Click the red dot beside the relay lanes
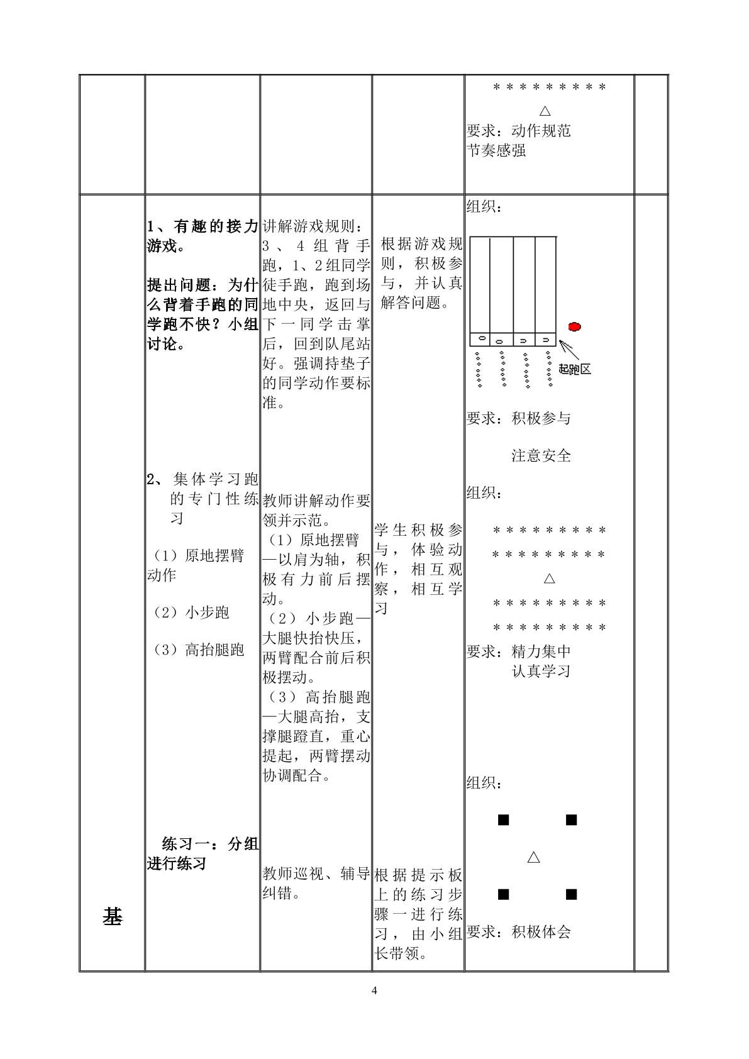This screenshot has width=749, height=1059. click(574, 326)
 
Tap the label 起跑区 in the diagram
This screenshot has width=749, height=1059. click(575, 369)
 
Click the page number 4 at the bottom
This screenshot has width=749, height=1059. click(375, 990)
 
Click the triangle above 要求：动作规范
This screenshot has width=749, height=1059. click(545, 111)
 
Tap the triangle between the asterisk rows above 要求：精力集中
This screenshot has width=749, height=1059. click(549, 579)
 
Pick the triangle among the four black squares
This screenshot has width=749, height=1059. click(533, 857)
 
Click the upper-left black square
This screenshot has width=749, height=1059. click(504, 820)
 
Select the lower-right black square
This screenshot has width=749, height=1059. click(571, 894)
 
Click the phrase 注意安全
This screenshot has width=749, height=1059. click(541, 456)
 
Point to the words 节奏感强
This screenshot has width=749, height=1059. click(496, 150)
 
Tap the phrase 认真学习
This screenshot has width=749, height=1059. click(541, 671)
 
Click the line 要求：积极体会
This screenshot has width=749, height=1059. click(518, 932)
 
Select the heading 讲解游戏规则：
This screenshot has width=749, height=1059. click(312, 226)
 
